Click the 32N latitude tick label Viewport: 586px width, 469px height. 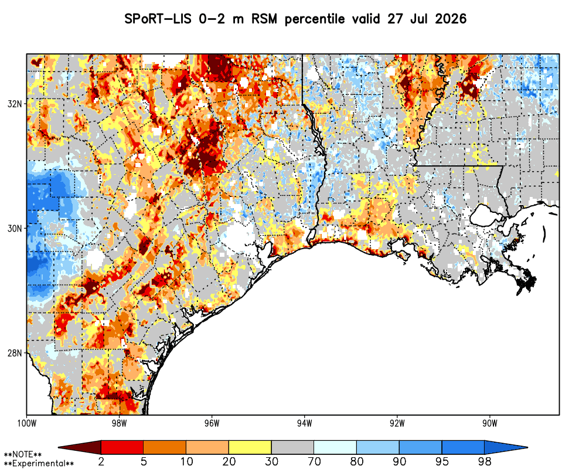tap(15, 104)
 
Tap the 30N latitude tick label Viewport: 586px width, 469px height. tap(15, 228)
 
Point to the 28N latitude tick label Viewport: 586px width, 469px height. tap(15, 353)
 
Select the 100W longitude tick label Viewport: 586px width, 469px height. tap(26, 423)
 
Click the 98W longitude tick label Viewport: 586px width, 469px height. tap(119, 423)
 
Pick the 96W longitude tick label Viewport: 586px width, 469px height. tap(212, 423)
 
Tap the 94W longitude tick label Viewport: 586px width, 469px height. tap(305, 423)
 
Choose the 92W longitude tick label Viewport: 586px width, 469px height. tap(397, 423)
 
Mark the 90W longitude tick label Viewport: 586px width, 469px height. tap(490, 423)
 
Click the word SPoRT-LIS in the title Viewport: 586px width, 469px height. tap(158, 19)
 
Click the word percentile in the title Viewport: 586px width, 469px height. tap(315, 19)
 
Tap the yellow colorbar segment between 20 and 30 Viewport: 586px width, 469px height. tap(250, 447)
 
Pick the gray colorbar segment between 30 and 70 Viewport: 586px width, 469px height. tap(292, 447)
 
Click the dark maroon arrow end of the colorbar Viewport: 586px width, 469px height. tap(80, 447)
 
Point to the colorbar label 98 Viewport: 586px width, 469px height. tap(485, 461)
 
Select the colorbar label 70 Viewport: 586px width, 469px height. tap(314, 461)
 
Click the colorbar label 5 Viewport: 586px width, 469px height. tap(144, 461)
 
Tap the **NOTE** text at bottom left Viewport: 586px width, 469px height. tap(23, 455)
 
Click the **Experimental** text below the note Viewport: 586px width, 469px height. tap(39, 464)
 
